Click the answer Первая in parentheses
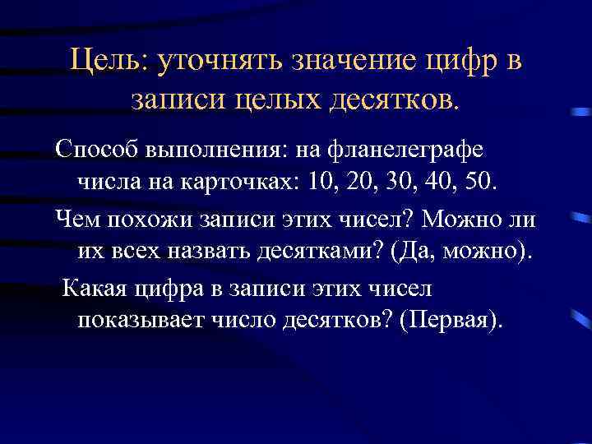[445, 319]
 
